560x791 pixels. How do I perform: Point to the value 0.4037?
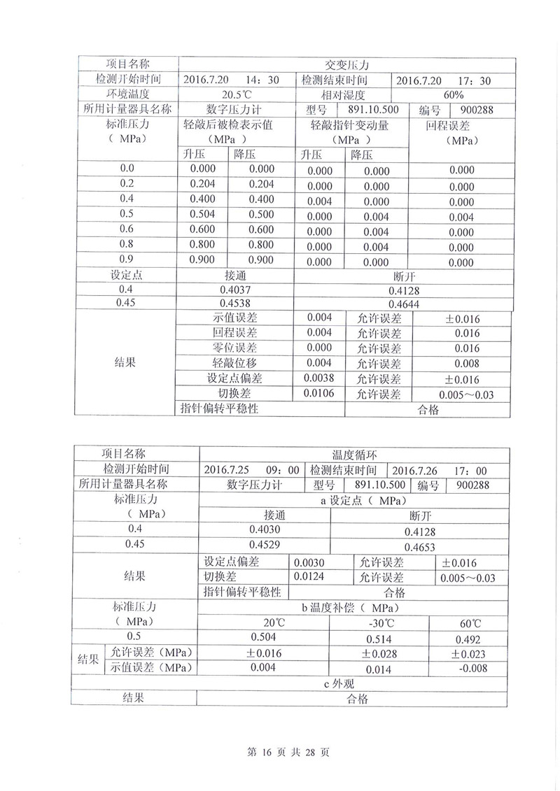click(x=234, y=289)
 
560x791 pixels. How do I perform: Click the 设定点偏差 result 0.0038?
click(x=319, y=379)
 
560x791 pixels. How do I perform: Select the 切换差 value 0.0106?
click(x=319, y=394)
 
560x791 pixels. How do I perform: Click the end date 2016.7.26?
click(x=418, y=471)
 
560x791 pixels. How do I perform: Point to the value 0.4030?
click(x=264, y=529)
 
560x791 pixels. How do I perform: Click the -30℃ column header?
click(x=379, y=623)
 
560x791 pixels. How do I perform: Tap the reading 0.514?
click(x=379, y=639)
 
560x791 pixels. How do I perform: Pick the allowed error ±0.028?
click(x=379, y=654)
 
